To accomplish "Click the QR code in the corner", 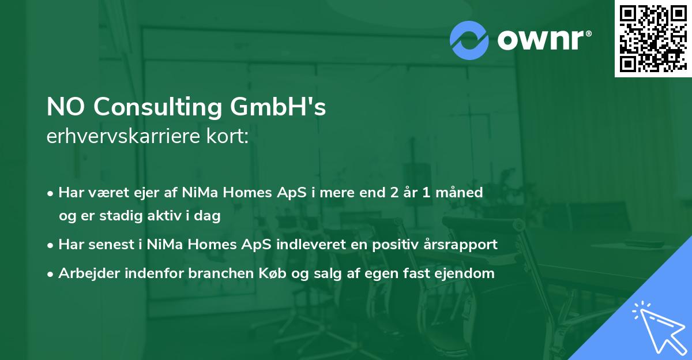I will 653,39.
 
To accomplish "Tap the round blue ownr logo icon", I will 469,40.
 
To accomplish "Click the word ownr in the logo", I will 544,40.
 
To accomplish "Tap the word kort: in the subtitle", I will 228,137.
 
